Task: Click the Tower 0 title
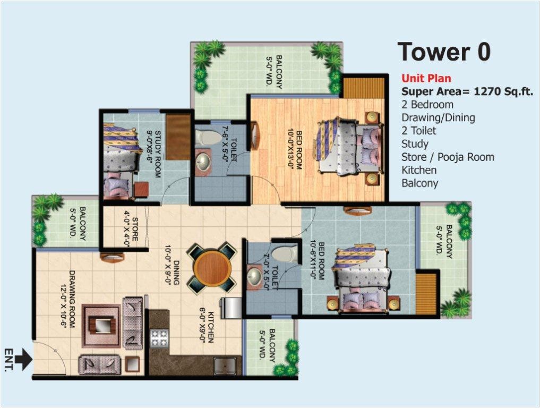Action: click(444, 52)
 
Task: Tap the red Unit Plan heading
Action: click(426, 79)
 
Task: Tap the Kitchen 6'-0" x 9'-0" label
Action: click(207, 327)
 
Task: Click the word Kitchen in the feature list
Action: click(419, 170)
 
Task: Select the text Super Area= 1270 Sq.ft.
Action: click(467, 91)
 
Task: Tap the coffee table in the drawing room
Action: click(101, 324)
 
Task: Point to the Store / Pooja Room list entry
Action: click(448, 157)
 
